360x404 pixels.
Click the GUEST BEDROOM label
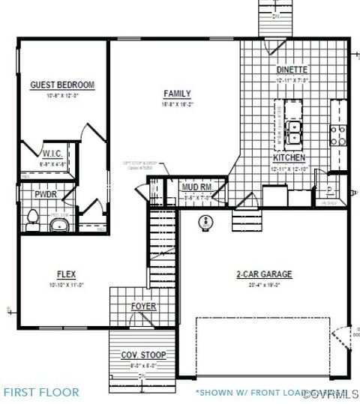(61, 85)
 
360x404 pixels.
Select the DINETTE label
(292, 70)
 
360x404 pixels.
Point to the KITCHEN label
(289, 158)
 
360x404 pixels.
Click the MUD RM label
(196, 187)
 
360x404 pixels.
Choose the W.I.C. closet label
(52, 154)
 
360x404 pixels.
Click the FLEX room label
(67, 274)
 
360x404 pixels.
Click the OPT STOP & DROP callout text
(140, 164)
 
